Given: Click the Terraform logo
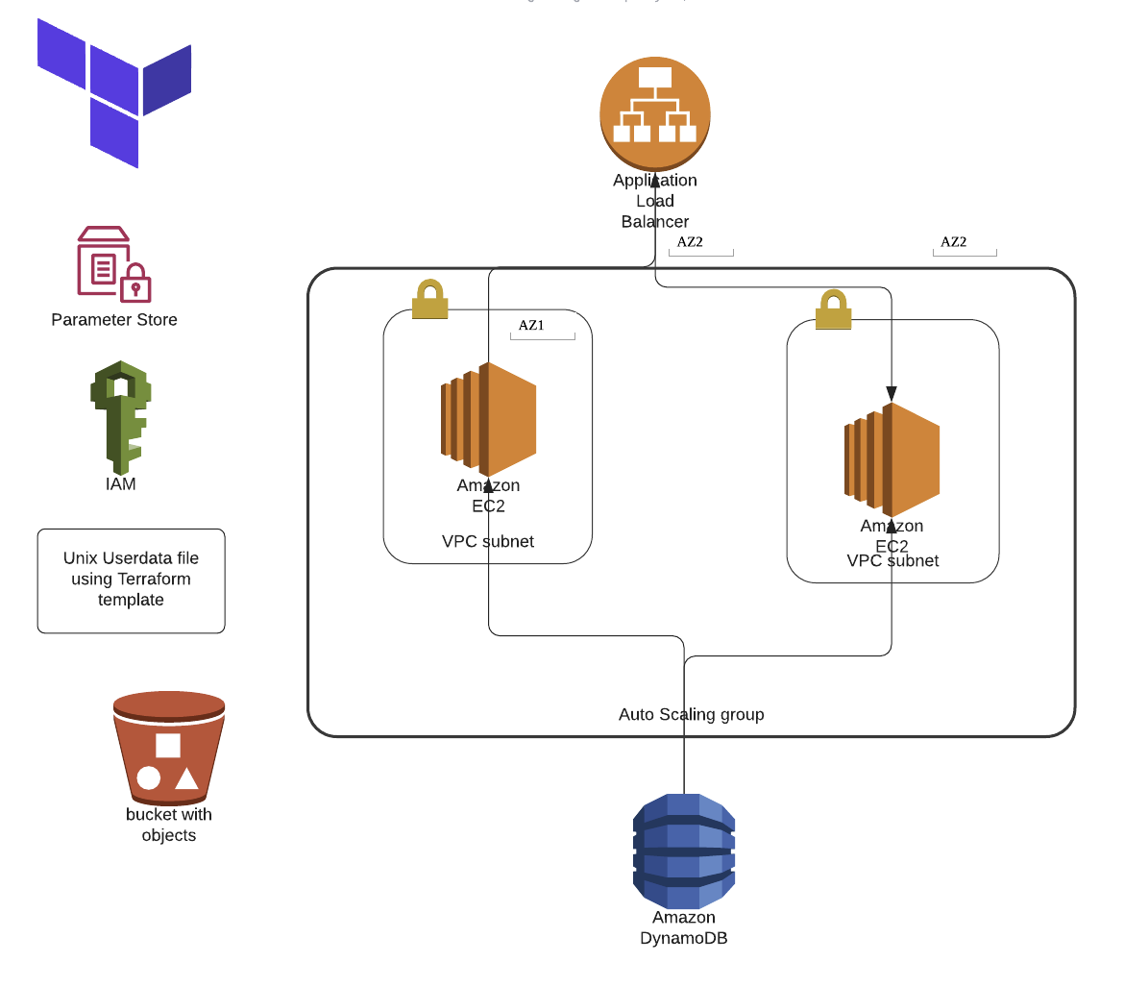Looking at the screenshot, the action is click(113, 91).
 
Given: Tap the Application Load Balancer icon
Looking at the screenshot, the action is click(655, 112).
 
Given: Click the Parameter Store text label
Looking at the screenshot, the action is click(114, 320).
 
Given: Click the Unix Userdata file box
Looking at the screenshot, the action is click(131, 580).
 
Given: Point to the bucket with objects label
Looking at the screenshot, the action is click(169, 825).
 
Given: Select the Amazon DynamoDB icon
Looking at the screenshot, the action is click(683, 851).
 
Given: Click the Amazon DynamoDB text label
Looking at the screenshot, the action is click(683, 927).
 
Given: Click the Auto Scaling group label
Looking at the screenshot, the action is click(691, 715).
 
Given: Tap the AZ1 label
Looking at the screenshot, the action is click(531, 326).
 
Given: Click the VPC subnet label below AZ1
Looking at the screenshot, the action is click(488, 542).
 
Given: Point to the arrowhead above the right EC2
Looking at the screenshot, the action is click(892, 394).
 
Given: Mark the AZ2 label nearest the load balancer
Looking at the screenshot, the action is click(690, 242).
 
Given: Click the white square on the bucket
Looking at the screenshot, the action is click(168, 745).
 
